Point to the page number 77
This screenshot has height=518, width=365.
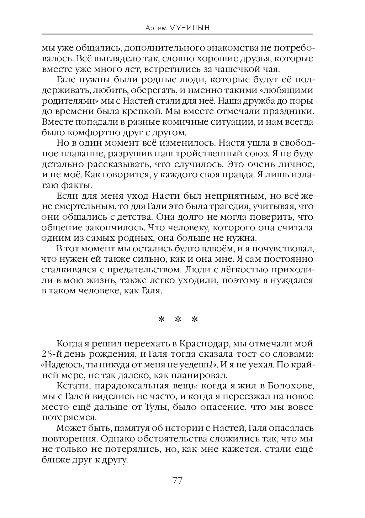(x=177, y=481)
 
